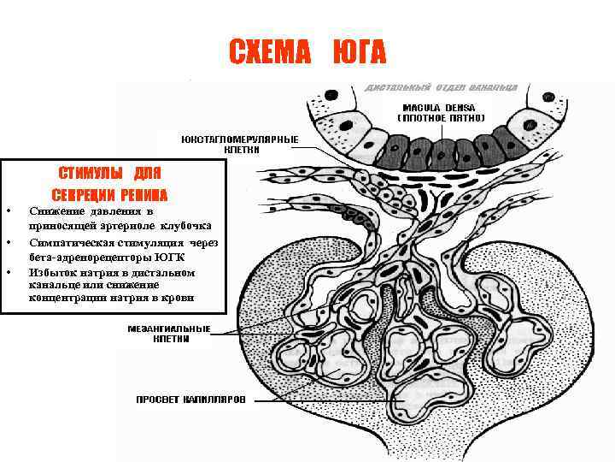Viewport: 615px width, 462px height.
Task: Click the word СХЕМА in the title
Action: point(270,53)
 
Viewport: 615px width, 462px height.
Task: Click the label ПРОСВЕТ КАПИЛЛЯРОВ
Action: point(191,400)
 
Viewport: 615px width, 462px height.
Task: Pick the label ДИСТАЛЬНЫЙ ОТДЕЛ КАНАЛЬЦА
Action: point(447,88)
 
